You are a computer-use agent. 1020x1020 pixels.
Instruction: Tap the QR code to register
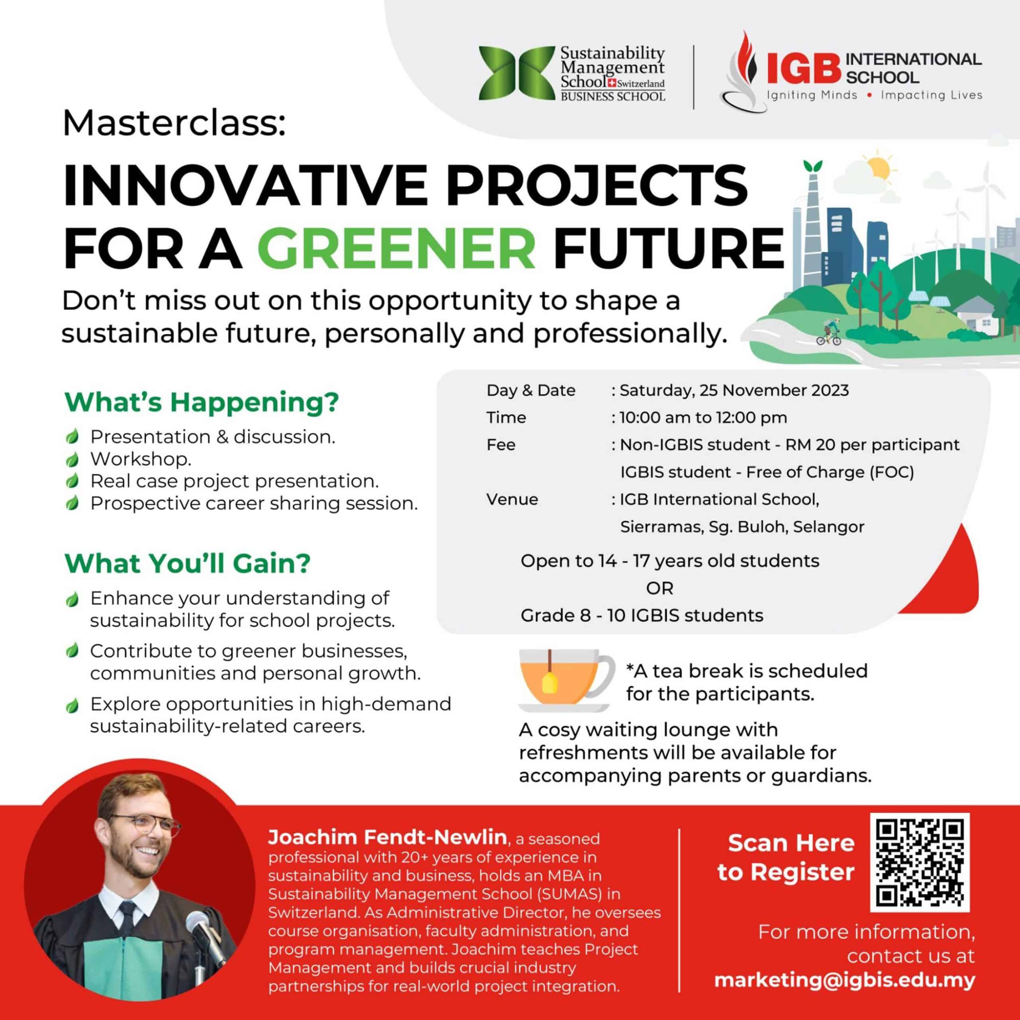[x=920, y=863]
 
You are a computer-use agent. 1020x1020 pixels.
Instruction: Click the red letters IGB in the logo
[x=803, y=68]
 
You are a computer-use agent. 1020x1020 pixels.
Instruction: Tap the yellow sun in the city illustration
[x=879, y=167]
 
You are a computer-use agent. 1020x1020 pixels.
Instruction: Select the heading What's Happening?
[x=201, y=403]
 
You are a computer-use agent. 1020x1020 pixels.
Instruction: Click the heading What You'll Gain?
[x=187, y=563]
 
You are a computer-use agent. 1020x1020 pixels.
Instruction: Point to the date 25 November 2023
[x=774, y=390]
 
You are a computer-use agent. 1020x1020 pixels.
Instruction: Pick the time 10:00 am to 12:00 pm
[x=703, y=418]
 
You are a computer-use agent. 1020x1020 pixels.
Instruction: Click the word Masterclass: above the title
[x=174, y=124]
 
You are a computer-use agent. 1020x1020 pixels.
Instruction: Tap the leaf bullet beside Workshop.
[x=73, y=459]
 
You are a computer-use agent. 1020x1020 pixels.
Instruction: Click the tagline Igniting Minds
[x=812, y=96]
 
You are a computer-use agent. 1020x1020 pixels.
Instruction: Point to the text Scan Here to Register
[x=786, y=858]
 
